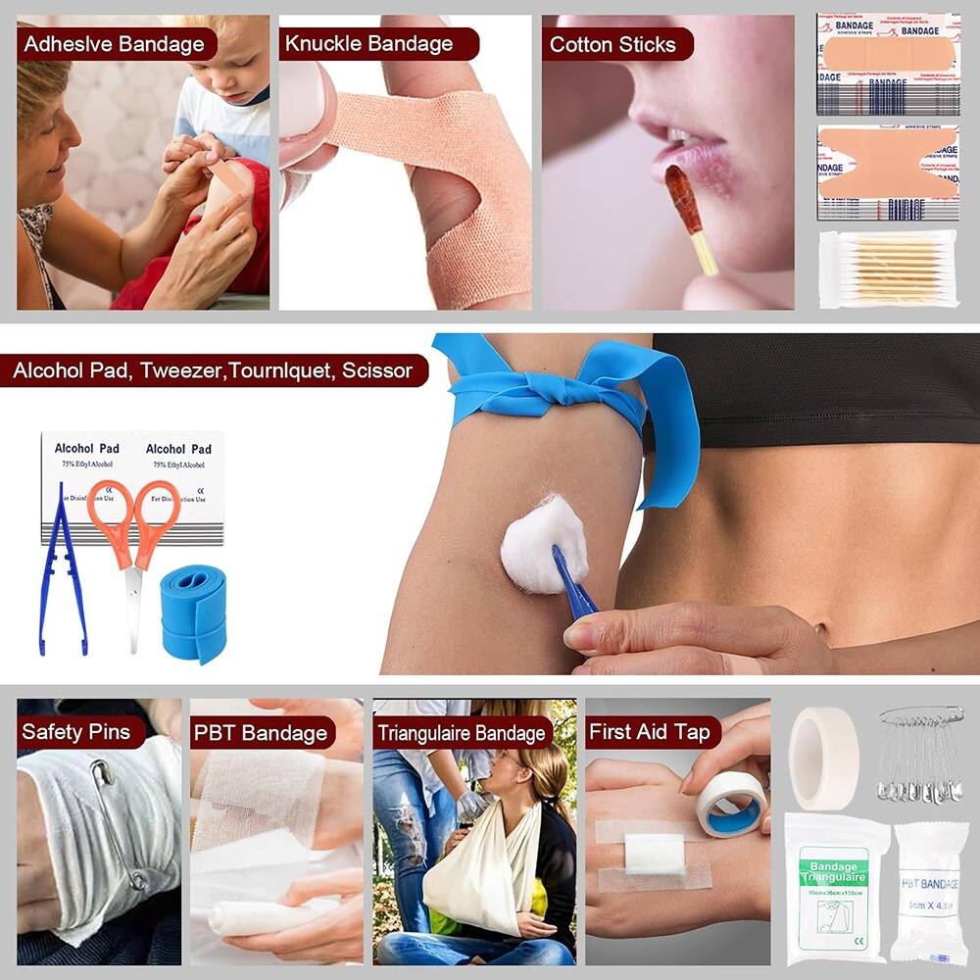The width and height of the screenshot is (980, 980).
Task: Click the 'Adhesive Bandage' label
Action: point(114,44)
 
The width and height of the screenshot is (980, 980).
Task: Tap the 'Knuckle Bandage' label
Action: point(368,44)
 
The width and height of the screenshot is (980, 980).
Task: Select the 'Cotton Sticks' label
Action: point(612,44)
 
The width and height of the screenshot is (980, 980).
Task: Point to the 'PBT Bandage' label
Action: point(259,733)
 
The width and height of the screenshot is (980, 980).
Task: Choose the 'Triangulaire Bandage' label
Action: point(462,733)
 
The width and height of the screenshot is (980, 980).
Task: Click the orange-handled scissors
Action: point(134,549)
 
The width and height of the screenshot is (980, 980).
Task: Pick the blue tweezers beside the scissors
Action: point(59,578)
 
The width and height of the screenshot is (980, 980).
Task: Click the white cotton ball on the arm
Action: point(542,541)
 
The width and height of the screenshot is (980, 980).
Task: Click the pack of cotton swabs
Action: point(888,269)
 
